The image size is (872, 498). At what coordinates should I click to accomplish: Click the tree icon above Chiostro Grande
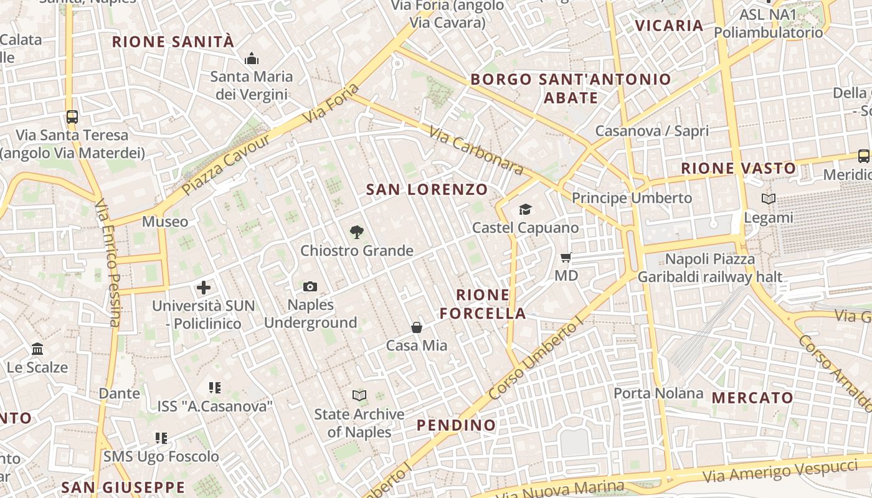[x=356, y=232]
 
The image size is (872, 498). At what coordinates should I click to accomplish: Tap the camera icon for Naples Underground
[x=310, y=286]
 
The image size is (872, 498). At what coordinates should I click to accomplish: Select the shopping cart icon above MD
[x=566, y=257]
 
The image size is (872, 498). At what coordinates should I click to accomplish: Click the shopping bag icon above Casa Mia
[x=417, y=327]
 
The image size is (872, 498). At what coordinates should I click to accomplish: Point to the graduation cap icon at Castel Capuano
[x=526, y=209]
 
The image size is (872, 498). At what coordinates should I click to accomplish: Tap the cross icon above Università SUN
[x=204, y=288]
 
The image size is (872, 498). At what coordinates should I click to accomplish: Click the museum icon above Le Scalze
[x=37, y=349]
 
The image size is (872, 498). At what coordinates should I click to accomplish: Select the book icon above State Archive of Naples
[x=359, y=395]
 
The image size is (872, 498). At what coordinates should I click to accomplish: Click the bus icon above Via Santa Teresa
[x=72, y=116]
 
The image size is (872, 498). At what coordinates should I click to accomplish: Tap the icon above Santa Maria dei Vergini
[x=252, y=59]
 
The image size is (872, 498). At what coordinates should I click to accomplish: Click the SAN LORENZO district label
[x=427, y=189]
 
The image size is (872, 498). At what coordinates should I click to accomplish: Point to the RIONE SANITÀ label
[x=173, y=42]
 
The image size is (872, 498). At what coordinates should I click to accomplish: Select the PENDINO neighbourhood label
[x=457, y=425]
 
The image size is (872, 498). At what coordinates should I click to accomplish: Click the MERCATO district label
[x=752, y=397]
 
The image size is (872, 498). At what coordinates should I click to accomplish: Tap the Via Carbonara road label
[x=477, y=149]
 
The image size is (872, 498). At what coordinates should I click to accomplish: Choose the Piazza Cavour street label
[x=227, y=163]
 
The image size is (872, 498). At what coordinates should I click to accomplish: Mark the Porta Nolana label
[x=658, y=393]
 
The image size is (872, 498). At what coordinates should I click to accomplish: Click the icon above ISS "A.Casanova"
[x=215, y=388]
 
